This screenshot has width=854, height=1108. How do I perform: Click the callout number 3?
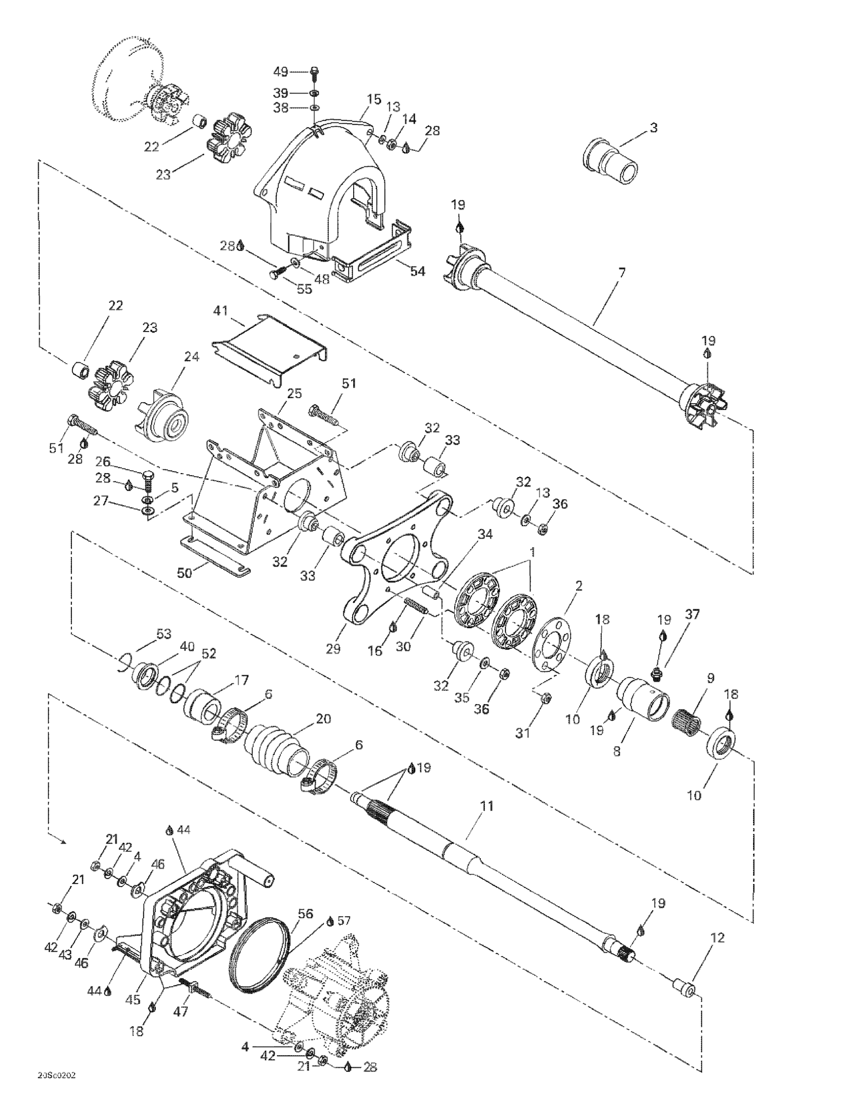pos(654,128)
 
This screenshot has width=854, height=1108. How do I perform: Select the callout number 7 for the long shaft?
pos(621,273)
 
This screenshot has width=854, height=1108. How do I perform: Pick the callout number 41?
pos(221,310)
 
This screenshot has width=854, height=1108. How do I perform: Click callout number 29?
pos(333,649)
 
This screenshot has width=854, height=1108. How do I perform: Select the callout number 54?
pos(417,271)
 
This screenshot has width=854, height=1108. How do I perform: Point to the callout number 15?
pos(374,99)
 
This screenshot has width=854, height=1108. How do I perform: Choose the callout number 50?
pos(185,573)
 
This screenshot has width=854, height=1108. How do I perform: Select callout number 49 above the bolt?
pos(281,71)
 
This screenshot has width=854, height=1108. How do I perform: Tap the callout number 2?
pos(578,586)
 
